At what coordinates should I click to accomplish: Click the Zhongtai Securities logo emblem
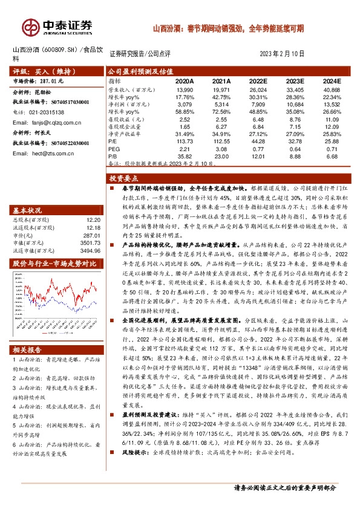coord(30,25)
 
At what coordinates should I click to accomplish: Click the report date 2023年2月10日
coord(282,53)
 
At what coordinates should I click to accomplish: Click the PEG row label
coord(114,148)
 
